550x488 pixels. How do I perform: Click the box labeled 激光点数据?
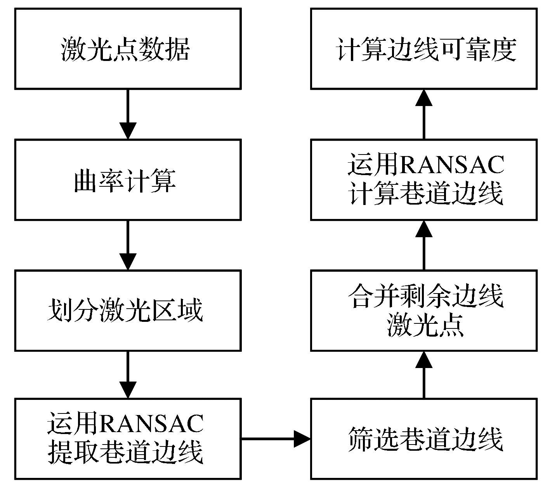click(x=128, y=49)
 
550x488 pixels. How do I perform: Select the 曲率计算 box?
click(x=128, y=180)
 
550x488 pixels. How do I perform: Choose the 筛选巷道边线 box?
click(x=424, y=439)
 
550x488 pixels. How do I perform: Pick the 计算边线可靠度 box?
click(x=424, y=49)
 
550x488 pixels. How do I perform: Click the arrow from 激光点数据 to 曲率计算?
click(x=128, y=114)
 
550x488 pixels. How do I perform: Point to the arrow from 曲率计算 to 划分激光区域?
click(x=128, y=245)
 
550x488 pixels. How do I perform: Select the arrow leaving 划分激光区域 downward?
click(x=128, y=374)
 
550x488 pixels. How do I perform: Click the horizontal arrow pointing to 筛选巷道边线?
click(x=276, y=439)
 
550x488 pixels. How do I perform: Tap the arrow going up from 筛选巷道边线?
click(x=424, y=375)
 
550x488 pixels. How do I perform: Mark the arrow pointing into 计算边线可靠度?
click(x=424, y=114)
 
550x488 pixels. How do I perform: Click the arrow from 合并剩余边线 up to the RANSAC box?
click(x=424, y=245)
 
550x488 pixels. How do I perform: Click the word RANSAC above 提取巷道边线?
click(x=151, y=423)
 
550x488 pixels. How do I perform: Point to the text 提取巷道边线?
click(x=125, y=452)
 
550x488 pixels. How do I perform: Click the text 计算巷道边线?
click(x=426, y=193)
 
